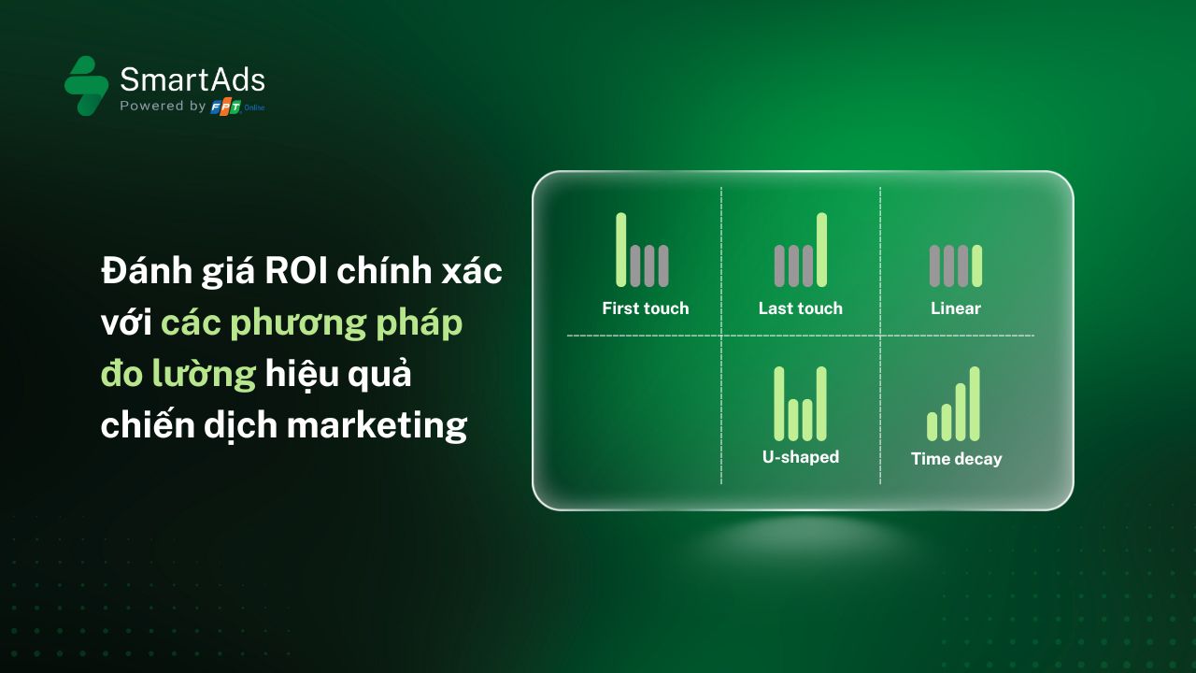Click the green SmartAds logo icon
point(87,85)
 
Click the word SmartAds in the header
point(192,80)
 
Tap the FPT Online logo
point(237,107)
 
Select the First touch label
point(646,308)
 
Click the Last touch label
point(801,308)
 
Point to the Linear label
point(956,308)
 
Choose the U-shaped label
point(801,457)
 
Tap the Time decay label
point(956,459)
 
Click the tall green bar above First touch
point(621,250)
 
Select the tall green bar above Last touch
point(821,250)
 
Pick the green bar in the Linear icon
point(976,266)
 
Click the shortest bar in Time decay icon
point(933,427)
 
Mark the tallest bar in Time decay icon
point(975,404)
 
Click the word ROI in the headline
point(296,271)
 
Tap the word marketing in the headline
point(377,426)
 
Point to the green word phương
point(298,324)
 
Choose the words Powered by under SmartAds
point(163,106)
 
